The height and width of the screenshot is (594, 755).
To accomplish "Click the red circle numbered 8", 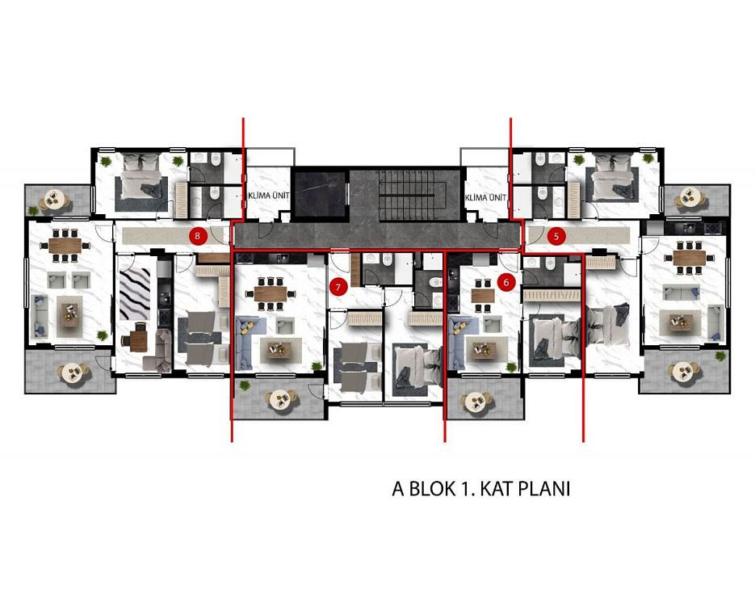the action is pos(198,236).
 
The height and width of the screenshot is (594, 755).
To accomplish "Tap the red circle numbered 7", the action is pos(338,288).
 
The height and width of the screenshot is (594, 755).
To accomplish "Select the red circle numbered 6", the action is pos(506,282).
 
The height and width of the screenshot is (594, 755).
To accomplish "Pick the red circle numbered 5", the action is pos(556,237).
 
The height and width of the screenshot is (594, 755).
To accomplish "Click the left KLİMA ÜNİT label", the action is pos(269,196).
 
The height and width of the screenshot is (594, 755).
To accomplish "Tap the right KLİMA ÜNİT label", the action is pos(485,197).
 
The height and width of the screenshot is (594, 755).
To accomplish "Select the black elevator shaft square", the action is pos(321,193).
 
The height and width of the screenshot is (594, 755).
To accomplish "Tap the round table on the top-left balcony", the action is pos(55,199).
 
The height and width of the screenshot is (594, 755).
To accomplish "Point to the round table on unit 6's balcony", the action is pos(476,401).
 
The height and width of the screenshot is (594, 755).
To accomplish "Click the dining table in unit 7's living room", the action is pos(271,293).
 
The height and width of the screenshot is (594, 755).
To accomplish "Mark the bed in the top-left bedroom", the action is pos(141,176).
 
